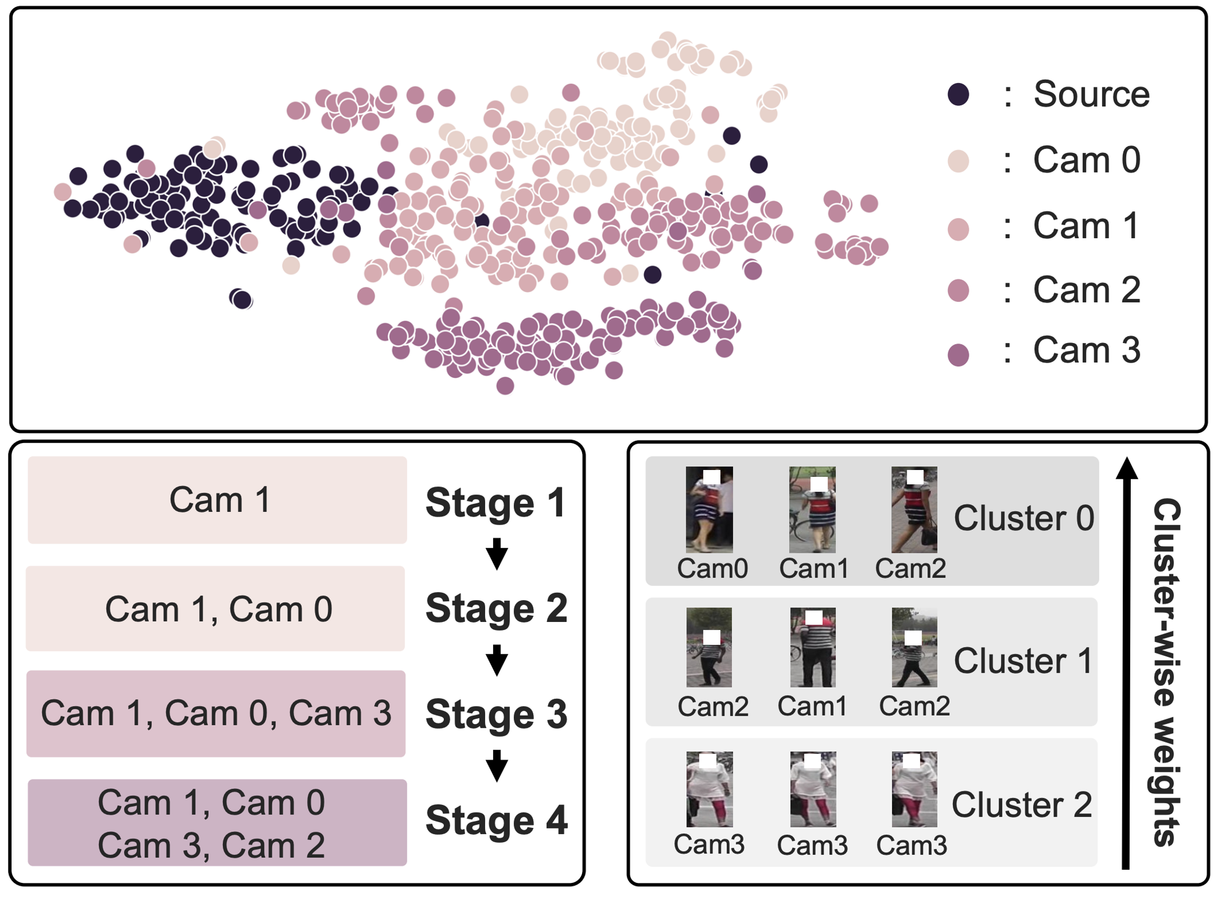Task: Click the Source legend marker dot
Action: click(958, 94)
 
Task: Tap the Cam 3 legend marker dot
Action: click(958, 355)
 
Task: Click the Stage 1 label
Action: click(495, 502)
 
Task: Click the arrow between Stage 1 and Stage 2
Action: click(496, 554)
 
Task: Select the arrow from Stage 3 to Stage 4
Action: click(496, 766)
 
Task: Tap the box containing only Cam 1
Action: click(217, 500)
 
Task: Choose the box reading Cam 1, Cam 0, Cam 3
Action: click(216, 714)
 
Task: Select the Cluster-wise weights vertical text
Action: click(1166, 672)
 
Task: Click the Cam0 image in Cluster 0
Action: click(709, 509)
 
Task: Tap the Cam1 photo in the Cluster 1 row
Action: click(812, 647)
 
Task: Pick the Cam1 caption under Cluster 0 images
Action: click(814, 568)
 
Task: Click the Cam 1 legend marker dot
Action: click(958, 229)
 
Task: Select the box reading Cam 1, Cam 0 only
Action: click(216, 608)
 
